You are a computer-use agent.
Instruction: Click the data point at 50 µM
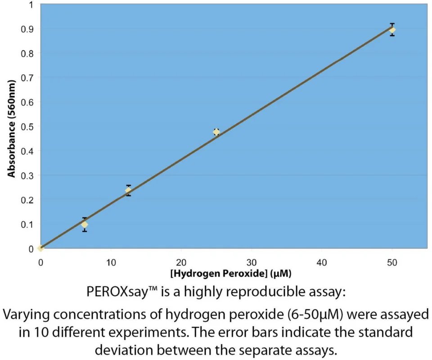point(392,30)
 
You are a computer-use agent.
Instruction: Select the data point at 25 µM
point(216,132)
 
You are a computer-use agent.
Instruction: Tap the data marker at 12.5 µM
point(128,190)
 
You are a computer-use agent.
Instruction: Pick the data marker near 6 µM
point(85,225)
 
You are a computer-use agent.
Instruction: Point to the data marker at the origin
point(40,248)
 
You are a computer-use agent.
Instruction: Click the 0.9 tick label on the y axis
point(27,29)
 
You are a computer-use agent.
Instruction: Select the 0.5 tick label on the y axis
point(27,127)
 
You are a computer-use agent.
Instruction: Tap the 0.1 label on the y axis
point(27,225)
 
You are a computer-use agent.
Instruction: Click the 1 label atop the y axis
point(31,4)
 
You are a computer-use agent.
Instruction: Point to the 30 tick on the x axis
point(252,262)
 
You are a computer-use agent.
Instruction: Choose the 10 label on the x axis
point(111,262)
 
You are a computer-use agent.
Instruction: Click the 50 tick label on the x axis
point(392,262)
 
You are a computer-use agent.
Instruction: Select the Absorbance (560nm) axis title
point(11,129)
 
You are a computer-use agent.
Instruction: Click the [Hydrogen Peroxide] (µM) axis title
point(231,274)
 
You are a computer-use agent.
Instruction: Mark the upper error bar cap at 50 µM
point(392,24)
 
